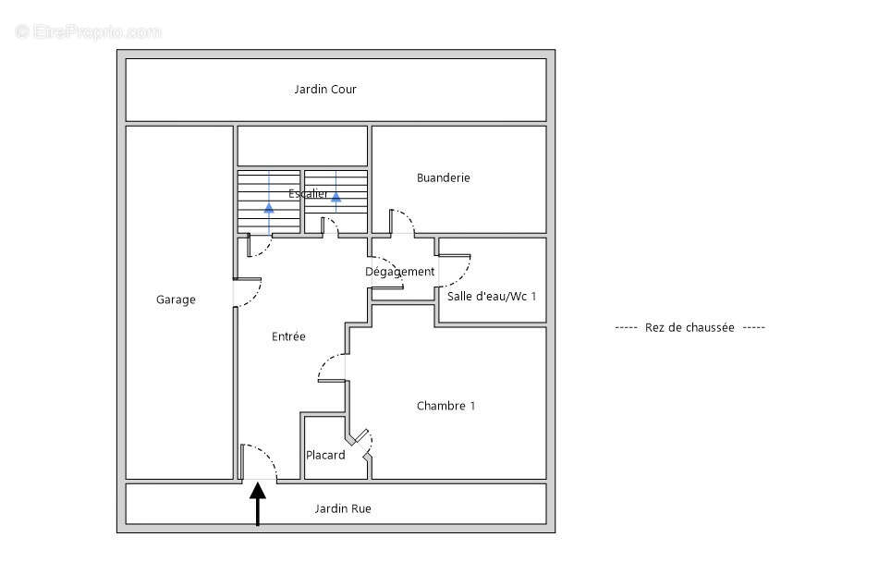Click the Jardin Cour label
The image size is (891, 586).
click(325, 90)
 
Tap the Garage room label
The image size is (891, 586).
click(176, 299)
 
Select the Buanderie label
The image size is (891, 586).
click(443, 177)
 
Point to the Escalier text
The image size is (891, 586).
click(308, 194)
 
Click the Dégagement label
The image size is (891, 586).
click(399, 272)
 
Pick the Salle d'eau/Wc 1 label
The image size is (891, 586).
click(491, 297)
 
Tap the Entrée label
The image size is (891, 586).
click(288, 337)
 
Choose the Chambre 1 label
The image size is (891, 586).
click(445, 406)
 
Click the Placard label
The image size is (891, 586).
click(325, 455)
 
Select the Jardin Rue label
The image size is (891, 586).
click(343, 508)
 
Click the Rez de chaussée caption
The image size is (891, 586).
click(690, 327)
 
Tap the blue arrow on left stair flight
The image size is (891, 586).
click(269, 207)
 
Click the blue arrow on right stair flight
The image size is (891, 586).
click(336, 196)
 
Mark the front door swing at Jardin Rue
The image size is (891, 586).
click(261, 462)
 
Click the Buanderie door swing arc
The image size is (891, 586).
click(403, 223)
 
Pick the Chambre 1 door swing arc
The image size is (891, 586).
click(333, 368)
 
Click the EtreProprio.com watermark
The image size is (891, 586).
click(89, 31)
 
